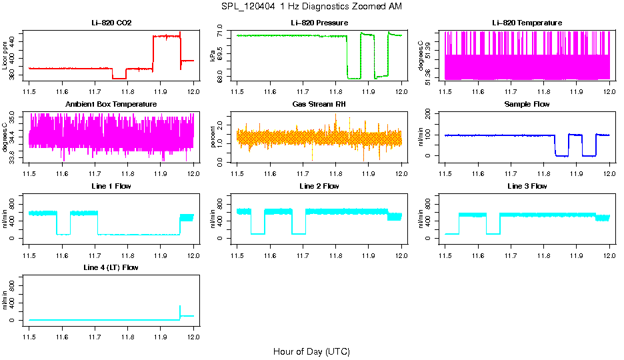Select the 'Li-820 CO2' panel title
(111, 23)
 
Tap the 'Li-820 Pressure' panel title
(319, 23)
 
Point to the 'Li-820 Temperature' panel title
(527, 23)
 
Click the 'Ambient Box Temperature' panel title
(111, 105)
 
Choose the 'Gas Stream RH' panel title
(319, 105)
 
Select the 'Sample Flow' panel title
(527, 105)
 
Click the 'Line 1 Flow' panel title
(111, 186)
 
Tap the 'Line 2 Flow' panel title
(319, 186)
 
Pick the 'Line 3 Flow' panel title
(527, 186)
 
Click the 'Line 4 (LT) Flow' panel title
(111, 267)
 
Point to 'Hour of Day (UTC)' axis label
(311, 351)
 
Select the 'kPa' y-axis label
(213, 55)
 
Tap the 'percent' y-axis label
(213, 137)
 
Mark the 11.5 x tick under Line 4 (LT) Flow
(29, 336)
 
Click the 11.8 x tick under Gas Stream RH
(335, 173)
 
